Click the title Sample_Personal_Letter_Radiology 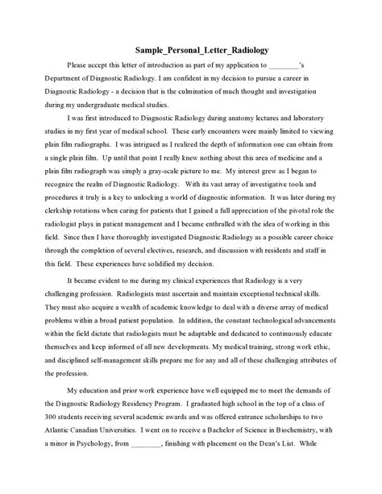point(190,48)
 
